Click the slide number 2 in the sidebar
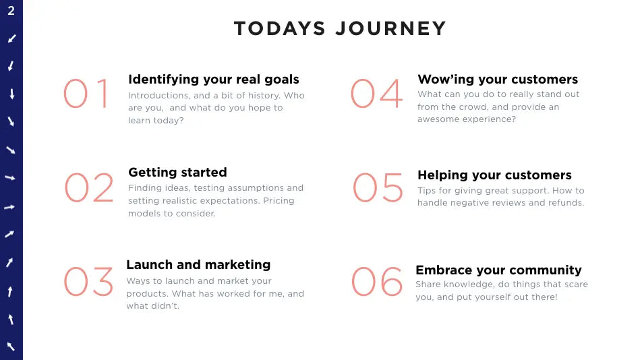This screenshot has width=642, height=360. tap(11, 10)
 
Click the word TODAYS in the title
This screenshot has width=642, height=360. tap(280, 28)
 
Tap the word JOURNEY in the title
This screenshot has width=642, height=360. tap(390, 28)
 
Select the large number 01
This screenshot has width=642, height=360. tap(86, 93)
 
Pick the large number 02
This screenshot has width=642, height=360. tap(89, 187)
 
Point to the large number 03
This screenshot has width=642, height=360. tap(88, 281)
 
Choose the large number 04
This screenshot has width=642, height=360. tap(377, 93)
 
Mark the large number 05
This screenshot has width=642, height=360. tap(378, 187)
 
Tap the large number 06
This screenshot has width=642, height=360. tap(377, 281)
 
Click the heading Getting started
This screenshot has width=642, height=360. tap(177, 172)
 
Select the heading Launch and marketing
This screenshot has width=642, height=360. tap(198, 265)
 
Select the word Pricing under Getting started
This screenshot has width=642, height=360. tap(279, 201)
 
